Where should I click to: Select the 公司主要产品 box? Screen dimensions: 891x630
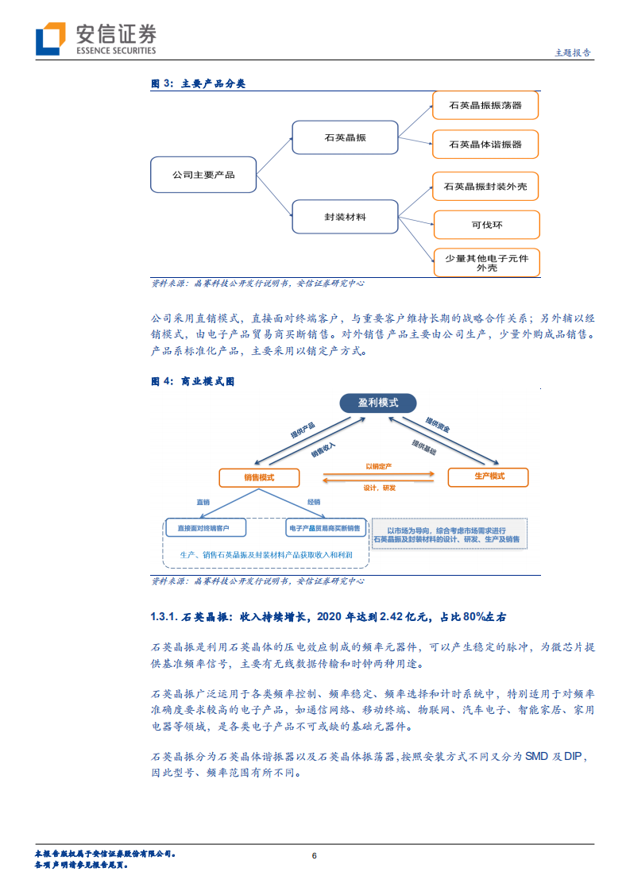(203, 174)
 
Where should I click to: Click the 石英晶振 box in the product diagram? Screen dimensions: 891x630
(345, 137)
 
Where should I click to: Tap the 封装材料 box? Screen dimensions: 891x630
(345, 216)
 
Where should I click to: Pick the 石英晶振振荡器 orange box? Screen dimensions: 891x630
(485, 105)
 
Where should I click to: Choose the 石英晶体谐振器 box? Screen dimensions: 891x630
(485, 145)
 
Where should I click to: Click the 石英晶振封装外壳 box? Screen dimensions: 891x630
(485, 187)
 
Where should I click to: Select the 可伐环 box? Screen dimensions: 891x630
(485, 225)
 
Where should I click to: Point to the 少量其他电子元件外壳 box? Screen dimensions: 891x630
(485, 263)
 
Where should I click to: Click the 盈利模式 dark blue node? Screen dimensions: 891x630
(377, 403)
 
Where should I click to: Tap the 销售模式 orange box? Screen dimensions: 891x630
(260, 477)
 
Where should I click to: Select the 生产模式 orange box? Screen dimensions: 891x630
(489, 476)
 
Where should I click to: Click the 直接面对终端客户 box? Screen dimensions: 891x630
(206, 527)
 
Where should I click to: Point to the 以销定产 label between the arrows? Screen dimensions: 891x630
(379, 466)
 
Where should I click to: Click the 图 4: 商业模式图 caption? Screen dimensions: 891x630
(193, 381)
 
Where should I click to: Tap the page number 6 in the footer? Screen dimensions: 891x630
(315, 856)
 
